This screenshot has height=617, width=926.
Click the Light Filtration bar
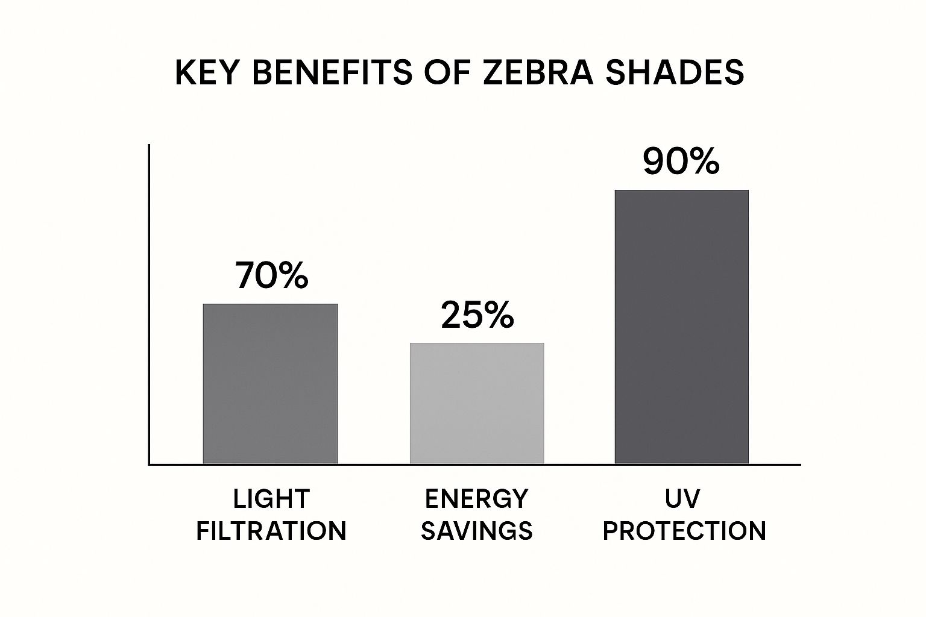270,384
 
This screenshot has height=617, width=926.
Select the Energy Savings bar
477,403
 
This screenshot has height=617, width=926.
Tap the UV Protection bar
681,327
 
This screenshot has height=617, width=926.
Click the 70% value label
271,275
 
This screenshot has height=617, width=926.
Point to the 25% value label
477,315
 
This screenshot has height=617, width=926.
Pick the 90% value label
681,161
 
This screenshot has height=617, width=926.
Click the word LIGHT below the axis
271,499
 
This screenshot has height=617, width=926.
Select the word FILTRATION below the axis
271,531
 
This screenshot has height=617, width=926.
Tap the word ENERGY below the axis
476,499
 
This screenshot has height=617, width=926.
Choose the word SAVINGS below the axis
476,531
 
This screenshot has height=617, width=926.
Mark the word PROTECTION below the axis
684,531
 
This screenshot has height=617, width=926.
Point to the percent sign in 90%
702,161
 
